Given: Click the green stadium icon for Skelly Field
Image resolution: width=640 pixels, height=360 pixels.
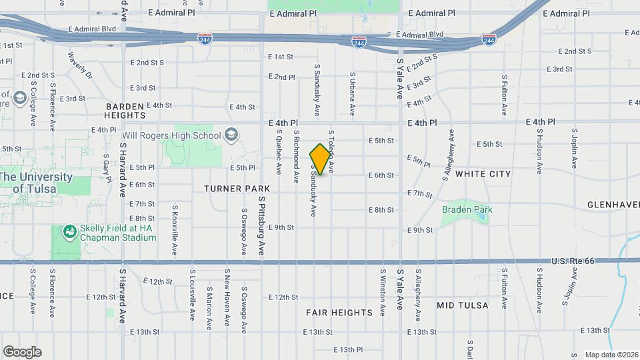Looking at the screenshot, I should coord(69,232).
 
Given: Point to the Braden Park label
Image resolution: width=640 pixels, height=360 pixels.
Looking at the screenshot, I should coord(467,209).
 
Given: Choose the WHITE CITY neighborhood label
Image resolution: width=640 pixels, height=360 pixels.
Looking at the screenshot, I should coord(483,174).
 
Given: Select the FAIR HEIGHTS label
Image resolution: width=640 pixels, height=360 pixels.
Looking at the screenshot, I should coord(339,312).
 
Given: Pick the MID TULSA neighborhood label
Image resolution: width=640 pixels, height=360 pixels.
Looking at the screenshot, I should coord(462,305).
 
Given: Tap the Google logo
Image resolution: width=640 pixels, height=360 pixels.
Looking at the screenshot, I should coord(22,351).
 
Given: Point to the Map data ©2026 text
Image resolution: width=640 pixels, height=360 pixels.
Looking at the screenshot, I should coord(610,355).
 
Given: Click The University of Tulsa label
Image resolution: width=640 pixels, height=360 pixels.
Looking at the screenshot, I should coord(36,183).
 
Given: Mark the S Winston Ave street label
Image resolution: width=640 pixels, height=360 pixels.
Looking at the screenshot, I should coord(383,292).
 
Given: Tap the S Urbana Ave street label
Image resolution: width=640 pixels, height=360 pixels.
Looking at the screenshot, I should coord(353,95).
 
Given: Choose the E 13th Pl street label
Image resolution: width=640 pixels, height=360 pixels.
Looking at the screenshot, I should coord(347,349).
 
